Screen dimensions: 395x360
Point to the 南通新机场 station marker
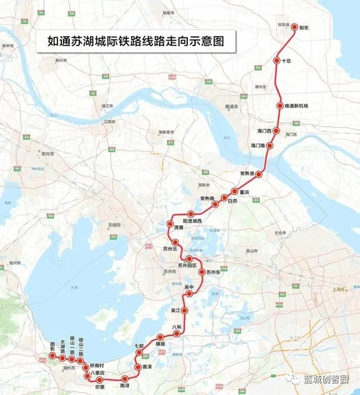[x=281, y=106]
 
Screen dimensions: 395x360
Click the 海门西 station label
[x=264, y=131]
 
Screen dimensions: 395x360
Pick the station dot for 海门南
[x=271, y=146]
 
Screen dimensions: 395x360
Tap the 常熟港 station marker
[x=259, y=174]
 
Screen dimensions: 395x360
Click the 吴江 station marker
[x=185, y=311]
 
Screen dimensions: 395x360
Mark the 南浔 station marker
[x=125, y=378]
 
